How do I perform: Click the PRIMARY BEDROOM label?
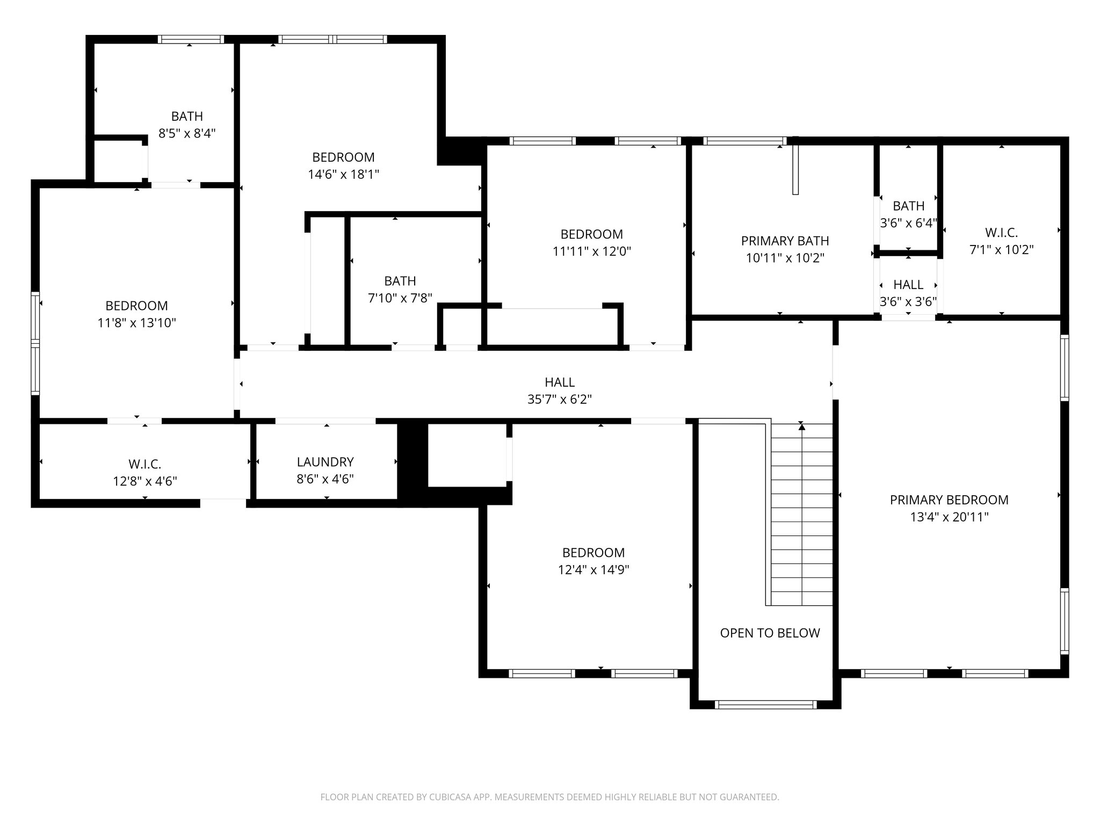pyautogui.click(x=949, y=500)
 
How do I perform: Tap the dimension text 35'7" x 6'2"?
pyautogui.click(x=560, y=400)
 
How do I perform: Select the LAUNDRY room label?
pyautogui.click(x=325, y=462)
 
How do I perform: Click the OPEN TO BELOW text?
pyautogui.click(x=770, y=633)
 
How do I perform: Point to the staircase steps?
pyautogui.click(x=802, y=516)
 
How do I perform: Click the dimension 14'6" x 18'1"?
pyautogui.click(x=343, y=175)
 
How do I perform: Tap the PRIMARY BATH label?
pyautogui.click(x=785, y=241)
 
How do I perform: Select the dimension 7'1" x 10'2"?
pyautogui.click(x=1001, y=250)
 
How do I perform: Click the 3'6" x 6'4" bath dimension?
pyautogui.click(x=908, y=223)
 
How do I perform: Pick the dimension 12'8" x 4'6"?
pyautogui.click(x=144, y=481)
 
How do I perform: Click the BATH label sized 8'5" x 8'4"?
pyautogui.click(x=187, y=116)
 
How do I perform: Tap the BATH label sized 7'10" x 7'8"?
pyautogui.click(x=400, y=281)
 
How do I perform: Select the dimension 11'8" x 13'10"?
pyautogui.click(x=136, y=323)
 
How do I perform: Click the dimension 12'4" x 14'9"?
pyautogui.click(x=593, y=570)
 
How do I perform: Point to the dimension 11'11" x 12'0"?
pyautogui.click(x=591, y=251)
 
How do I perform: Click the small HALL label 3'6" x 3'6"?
pyautogui.click(x=908, y=285)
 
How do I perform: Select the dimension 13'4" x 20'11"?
pyautogui.click(x=949, y=517)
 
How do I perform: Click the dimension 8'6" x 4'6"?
pyautogui.click(x=325, y=479)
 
